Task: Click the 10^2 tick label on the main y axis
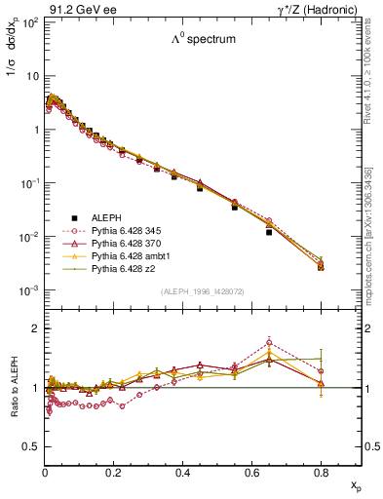30,21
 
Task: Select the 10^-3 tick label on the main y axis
29,291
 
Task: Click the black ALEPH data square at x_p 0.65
269,232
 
